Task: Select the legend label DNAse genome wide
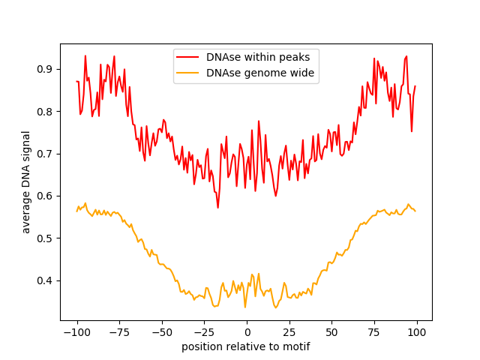pyautogui.click(x=259, y=73)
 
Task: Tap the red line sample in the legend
pyautogui.click(x=187, y=57)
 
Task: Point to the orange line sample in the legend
pyautogui.click(x=187, y=73)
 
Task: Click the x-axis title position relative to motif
pyautogui.click(x=245, y=346)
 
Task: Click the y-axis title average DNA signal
pyautogui.click(x=26, y=182)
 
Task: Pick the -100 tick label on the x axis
pyautogui.click(x=76, y=331)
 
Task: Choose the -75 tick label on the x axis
pyautogui.click(x=119, y=331)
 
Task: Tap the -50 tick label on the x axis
pyautogui.click(x=161, y=331)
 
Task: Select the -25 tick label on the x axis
pyautogui.click(x=204, y=331)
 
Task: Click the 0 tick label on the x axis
pyautogui.click(x=247, y=331)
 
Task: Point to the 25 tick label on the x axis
pyautogui.click(x=289, y=331)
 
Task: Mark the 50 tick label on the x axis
pyautogui.click(x=331, y=331)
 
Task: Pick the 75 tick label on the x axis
pyautogui.click(x=374, y=331)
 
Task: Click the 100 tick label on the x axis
pyautogui.click(x=416, y=331)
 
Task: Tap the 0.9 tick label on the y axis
pyautogui.click(x=46, y=69)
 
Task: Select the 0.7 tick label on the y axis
pyautogui.click(x=46, y=154)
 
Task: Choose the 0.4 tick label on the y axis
pyautogui.click(x=46, y=280)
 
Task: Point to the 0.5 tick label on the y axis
pyautogui.click(x=46, y=238)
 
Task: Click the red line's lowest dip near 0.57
pyautogui.click(x=217, y=208)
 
